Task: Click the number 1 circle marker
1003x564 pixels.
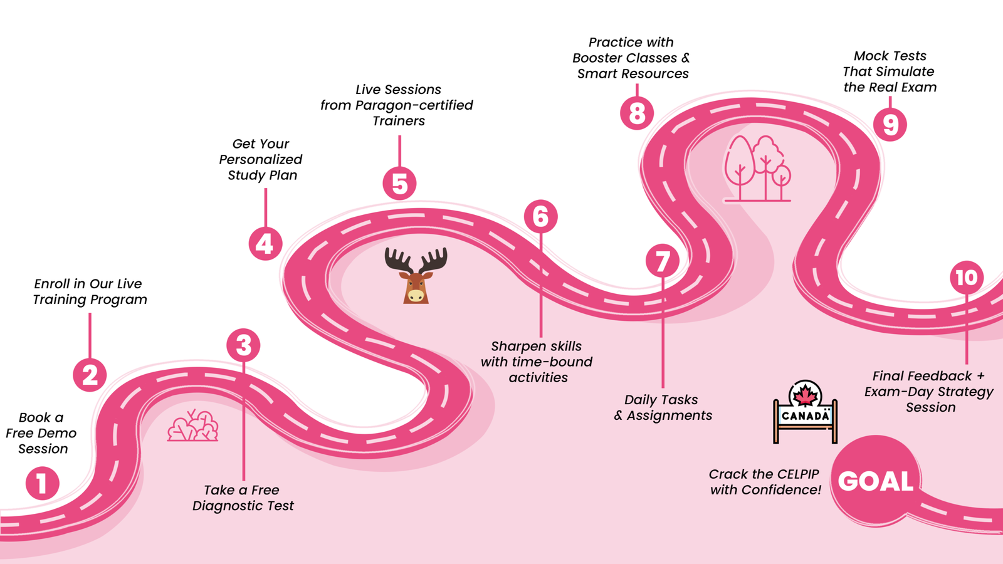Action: tap(43, 483)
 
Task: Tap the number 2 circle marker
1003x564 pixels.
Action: tap(90, 375)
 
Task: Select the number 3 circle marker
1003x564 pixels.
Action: tap(243, 345)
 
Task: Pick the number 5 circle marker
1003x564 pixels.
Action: tap(399, 184)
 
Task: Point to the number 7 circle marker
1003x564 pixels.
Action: tap(663, 261)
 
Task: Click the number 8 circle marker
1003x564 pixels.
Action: tap(637, 113)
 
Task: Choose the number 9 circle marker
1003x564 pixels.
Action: tap(890, 124)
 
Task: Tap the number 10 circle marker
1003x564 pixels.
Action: tap(967, 278)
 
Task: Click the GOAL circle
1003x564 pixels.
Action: tap(876, 481)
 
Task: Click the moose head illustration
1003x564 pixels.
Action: tap(416, 276)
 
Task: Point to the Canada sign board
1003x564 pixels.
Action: tap(806, 415)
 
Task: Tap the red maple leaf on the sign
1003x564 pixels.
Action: tap(806, 395)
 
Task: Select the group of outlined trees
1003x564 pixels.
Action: tap(757, 168)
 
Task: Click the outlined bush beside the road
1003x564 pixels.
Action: tap(193, 427)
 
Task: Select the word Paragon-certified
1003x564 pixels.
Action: tap(414, 105)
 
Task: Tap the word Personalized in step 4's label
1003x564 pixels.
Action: tap(261, 160)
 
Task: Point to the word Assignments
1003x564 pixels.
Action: tap(670, 415)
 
